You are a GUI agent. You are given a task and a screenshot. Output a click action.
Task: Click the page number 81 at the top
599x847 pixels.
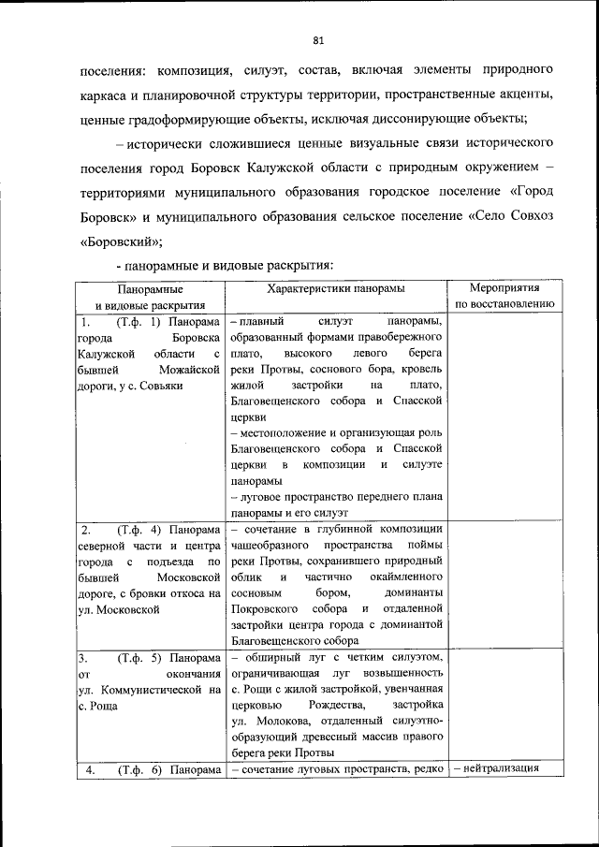coord(317,39)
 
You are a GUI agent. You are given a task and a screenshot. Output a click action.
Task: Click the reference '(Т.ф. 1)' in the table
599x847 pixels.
coord(139,322)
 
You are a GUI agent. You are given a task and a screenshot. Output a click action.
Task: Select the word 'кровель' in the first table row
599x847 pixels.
coord(420,369)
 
